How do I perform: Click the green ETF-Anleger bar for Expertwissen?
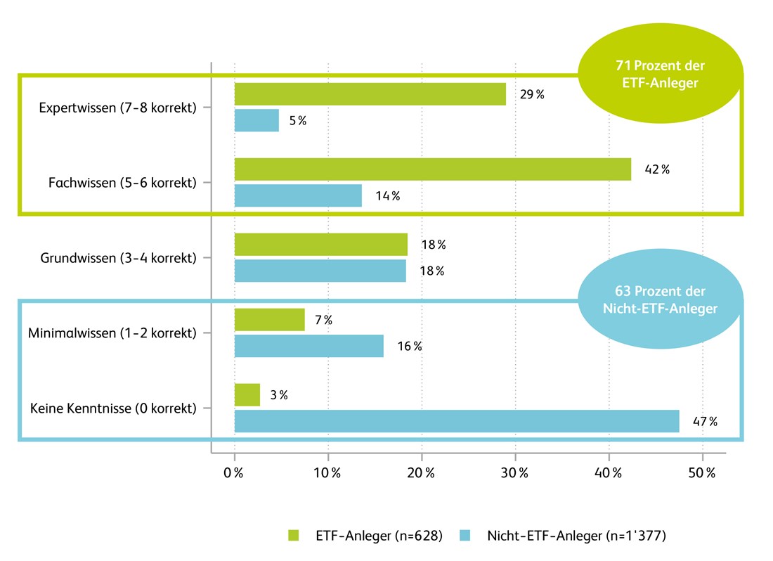(x=370, y=94)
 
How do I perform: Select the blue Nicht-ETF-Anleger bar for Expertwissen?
(x=256, y=120)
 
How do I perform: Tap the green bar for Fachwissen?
(x=432, y=169)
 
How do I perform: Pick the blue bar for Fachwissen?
(x=298, y=195)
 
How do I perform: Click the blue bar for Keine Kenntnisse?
(x=457, y=421)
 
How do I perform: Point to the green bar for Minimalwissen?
(x=269, y=320)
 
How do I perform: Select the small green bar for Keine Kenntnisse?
(x=247, y=395)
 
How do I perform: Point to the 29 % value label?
(x=531, y=95)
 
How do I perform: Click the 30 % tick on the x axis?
(x=515, y=473)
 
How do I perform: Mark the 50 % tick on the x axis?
(x=702, y=473)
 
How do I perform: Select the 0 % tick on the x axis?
(x=233, y=473)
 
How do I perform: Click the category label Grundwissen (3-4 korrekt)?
(x=117, y=258)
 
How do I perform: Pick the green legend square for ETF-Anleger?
(x=294, y=536)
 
